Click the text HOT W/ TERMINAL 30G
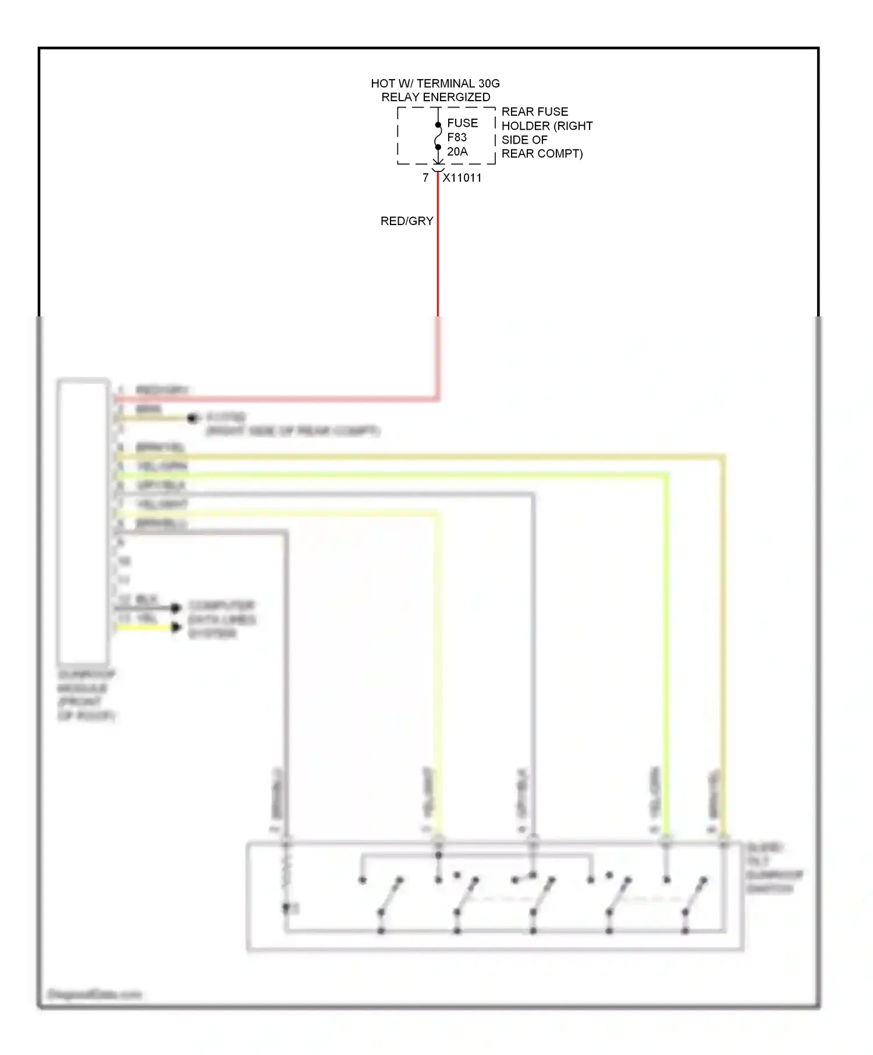pyautogui.click(x=435, y=83)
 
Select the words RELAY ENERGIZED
pyautogui.click(x=435, y=97)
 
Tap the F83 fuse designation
pyautogui.click(x=457, y=137)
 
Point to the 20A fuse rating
pyautogui.click(x=457, y=152)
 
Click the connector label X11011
pyautogui.click(x=462, y=178)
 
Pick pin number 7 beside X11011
pyautogui.click(x=425, y=177)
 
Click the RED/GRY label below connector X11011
pyautogui.click(x=407, y=221)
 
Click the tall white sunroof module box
pyautogui.click(x=83, y=521)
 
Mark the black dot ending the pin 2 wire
pyautogui.click(x=192, y=418)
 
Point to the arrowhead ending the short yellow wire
pyautogui.click(x=176, y=627)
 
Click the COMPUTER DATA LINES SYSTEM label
pyautogui.click(x=221, y=619)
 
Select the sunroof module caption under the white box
pyautogui.click(x=86, y=695)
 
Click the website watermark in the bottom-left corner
pyautogui.click(x=94, y=994)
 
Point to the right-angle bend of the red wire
pyautogui.click(x=438, y=399)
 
